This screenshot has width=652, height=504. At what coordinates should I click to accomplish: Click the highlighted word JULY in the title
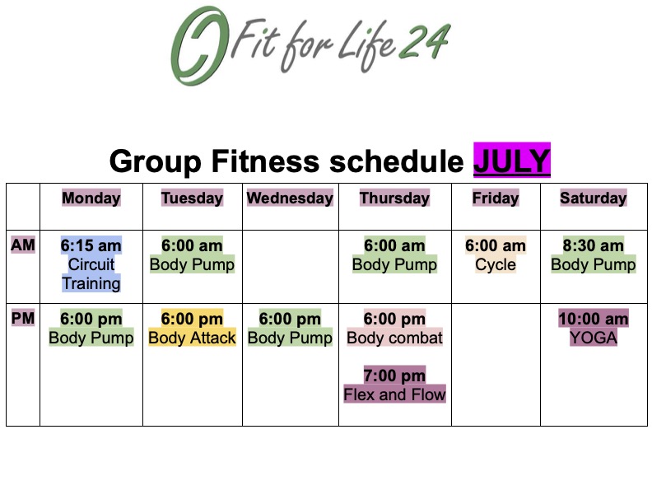512,161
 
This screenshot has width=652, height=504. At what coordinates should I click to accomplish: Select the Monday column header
91,198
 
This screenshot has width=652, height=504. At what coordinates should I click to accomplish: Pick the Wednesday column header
290,198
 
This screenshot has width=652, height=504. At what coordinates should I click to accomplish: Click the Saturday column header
593,198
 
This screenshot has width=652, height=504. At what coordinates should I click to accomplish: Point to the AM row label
23,245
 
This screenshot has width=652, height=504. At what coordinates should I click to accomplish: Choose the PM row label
23,318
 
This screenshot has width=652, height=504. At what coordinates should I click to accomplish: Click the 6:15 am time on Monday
91,245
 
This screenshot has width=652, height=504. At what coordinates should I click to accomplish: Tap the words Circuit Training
91,273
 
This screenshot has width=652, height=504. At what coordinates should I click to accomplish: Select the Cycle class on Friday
496,264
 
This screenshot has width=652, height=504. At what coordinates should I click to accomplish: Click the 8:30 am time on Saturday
593,245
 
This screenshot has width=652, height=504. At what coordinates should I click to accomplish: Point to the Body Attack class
192,338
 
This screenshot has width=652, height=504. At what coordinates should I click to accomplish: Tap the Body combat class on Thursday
394,338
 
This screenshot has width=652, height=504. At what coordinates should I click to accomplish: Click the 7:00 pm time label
394,375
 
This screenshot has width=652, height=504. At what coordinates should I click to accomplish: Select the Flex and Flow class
394,394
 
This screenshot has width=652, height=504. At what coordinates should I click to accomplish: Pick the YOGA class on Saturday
594,338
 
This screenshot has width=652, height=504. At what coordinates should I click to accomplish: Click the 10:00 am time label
594,319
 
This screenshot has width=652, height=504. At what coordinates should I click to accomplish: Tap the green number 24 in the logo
425,41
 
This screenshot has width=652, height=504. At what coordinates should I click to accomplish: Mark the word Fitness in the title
265,161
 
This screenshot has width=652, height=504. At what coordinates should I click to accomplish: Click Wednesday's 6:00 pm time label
290,319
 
